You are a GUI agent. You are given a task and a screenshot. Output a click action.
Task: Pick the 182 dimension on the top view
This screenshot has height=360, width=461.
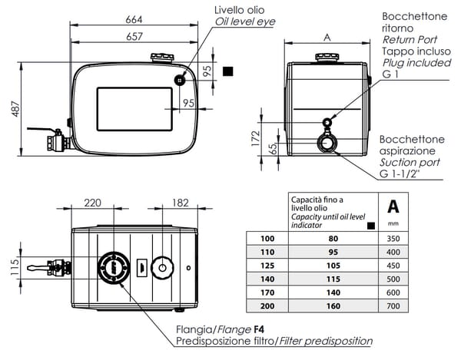[x=180, y=203]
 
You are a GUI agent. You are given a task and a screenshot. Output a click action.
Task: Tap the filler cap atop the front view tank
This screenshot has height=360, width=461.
[x=162, y=58]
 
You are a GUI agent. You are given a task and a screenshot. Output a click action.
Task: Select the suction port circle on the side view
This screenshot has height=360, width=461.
[x=328, y=143]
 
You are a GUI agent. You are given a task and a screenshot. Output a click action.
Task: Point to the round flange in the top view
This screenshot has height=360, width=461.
[x=114, y=268]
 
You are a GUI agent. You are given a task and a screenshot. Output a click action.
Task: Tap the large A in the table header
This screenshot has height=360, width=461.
[x=393, y=207]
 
